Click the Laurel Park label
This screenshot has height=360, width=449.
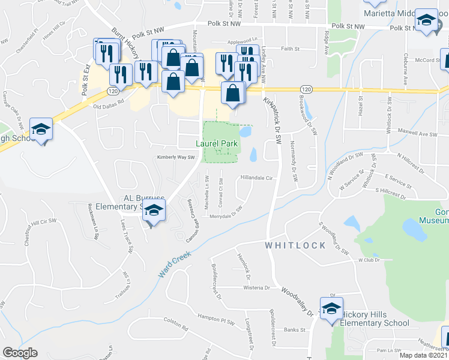[217, 144]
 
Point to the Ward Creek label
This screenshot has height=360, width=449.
[175, 264]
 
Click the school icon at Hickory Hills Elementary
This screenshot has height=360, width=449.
[330, 309]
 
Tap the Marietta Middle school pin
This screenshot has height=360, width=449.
[426, 22]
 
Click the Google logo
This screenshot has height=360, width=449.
[20, 353]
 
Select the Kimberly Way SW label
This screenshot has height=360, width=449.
[176, 157]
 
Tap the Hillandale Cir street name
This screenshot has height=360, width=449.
[256, 178]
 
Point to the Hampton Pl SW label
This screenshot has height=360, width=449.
[218, 322]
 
